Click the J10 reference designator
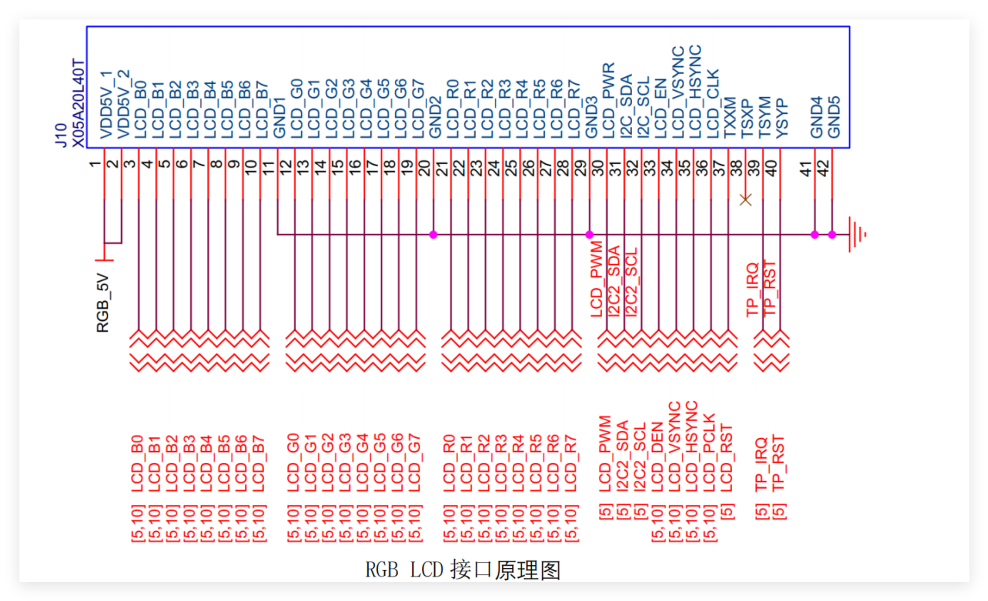(61, 135)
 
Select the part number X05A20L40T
(78, 103)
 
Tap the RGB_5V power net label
(103, 303)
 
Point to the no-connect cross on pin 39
(745, 200)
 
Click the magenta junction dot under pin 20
(433, 235)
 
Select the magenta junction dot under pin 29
(589, 235)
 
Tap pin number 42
(823, 168)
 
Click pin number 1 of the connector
(95, 164)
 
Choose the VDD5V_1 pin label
(107, 105)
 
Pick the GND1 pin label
(279, 118)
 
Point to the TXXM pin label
(730, 118)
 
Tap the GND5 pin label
(834, 117)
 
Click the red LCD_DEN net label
(657, 457)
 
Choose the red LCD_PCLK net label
(709, 453)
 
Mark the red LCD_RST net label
(726, 458)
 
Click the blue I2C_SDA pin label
(626, 106)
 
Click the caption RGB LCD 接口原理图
(463, 570)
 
